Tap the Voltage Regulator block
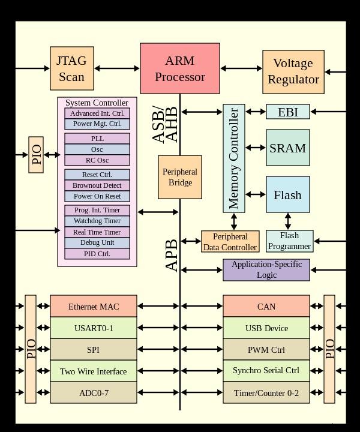click(x=293, y=71)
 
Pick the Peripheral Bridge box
click(x=180, y=177)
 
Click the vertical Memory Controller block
click(x=234, y=158)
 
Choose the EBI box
click(x=288, y=112)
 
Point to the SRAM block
click(x=288, y=148)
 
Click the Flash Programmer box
click(x=290, y=241)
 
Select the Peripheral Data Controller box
click(x=230, y=241)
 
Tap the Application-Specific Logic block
click(x=266, y=270)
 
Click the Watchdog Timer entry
click(x=97, y=221)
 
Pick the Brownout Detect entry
click(x=97, y=185)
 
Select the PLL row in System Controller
click(x=97, y=139)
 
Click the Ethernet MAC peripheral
click(x=93, y=307)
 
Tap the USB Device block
click(x=266, y=328)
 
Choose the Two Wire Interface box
click(x=93, y=371)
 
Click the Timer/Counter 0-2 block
click(x=266, y=393)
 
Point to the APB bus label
click(x=172, y=255)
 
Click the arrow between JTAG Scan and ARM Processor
click(x=117, y=68)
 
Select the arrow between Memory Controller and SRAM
click(x=256, y=148)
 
